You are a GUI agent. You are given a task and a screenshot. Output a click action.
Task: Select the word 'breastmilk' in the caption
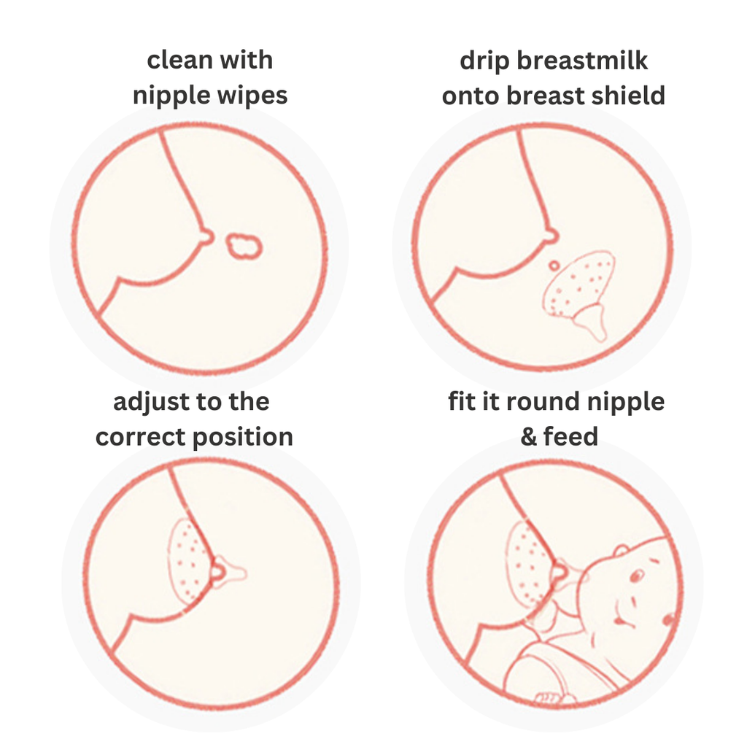pos(582,61)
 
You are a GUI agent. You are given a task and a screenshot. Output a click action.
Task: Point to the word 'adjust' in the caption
pos(151,403)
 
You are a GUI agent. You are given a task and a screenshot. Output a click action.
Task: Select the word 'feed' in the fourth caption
pos(570,436)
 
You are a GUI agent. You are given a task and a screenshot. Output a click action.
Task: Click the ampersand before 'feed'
pos(529,437)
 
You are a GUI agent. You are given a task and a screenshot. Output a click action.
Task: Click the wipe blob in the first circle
pos(244,246)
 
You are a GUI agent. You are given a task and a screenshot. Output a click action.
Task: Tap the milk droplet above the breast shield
pos(554,266)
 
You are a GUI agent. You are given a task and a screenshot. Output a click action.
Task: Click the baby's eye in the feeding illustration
pos(636,576)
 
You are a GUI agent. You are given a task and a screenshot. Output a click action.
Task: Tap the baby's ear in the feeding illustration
pos(622,551)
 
